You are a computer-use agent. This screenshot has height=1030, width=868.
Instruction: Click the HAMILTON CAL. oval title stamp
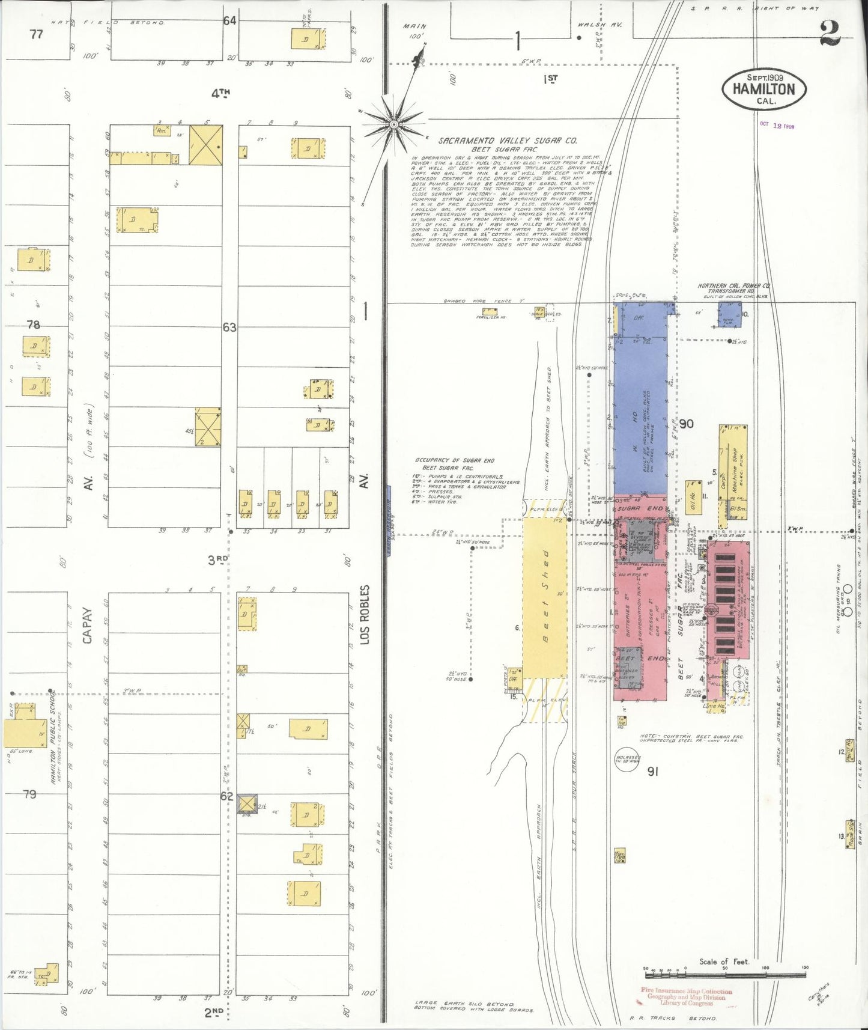point(763,89)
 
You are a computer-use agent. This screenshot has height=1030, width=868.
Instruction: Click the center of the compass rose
point(394,124)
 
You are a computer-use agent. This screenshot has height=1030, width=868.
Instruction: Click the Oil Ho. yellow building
point(694,497)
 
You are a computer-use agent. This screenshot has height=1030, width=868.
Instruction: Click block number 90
point(686,424)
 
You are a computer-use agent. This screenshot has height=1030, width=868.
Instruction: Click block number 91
point(653,771)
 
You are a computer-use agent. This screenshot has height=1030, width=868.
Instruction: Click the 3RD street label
point(217,560)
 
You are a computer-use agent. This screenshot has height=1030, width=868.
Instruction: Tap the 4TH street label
point(220,93)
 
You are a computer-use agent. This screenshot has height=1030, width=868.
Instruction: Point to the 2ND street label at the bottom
point(214,1013)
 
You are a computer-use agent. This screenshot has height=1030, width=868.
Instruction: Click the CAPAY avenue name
point(88,626)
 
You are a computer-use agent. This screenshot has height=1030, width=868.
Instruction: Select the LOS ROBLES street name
point(365,615)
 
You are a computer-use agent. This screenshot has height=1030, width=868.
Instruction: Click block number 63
point(229,328)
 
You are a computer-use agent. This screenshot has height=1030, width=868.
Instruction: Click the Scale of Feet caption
point(724,961)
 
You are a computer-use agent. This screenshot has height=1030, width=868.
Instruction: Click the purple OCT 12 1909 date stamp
point(777,126)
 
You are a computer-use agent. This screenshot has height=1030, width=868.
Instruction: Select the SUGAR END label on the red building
point(640,508)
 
